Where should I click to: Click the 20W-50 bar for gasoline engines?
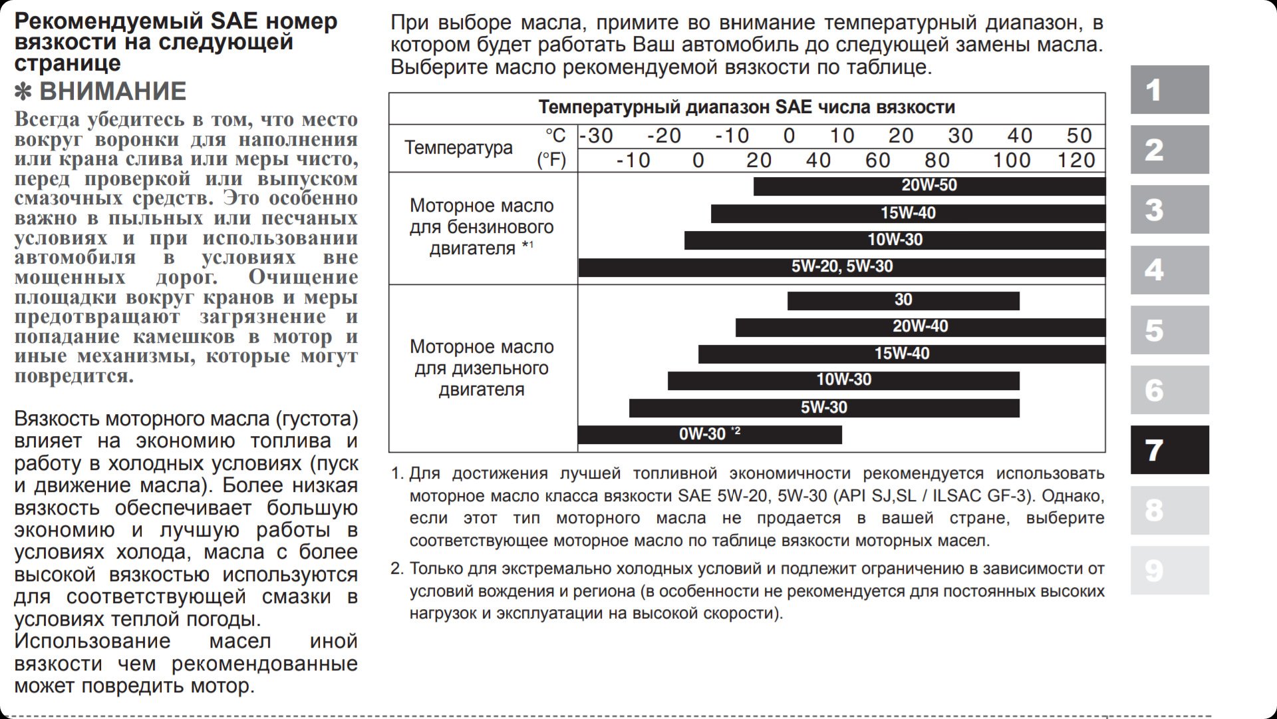click(928, 186)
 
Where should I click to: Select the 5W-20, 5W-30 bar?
click(841, 267)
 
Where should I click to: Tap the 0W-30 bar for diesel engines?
click(709, 434)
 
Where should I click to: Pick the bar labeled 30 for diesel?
click(903, 300)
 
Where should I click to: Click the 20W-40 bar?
click(920, 327)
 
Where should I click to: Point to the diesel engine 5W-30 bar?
click(823, 407)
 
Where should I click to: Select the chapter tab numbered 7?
click(1169, 450)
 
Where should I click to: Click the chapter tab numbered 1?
click(1169, 89)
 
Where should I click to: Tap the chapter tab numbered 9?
click(1169, 571)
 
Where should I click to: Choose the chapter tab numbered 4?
click(1169, 270)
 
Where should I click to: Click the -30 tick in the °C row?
click(597, 136)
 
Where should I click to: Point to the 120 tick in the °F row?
click(1076, 160)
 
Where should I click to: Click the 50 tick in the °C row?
click(1079, 136)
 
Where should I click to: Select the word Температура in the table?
click(458, 147)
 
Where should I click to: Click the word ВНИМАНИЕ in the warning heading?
click(113, 91)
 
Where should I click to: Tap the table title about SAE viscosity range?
click(746, 107)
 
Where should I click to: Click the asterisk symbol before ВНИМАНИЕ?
click(23, 92)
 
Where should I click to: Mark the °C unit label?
click(555, 136)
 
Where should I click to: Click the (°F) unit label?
click(551, 160)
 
